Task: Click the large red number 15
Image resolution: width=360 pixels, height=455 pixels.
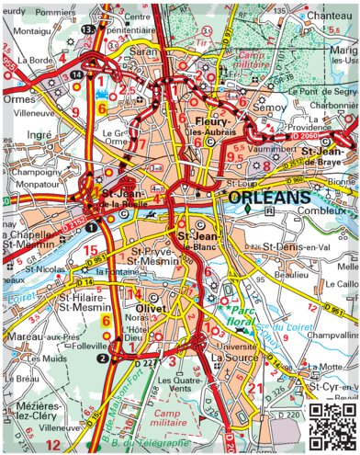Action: tap(90, 249)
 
